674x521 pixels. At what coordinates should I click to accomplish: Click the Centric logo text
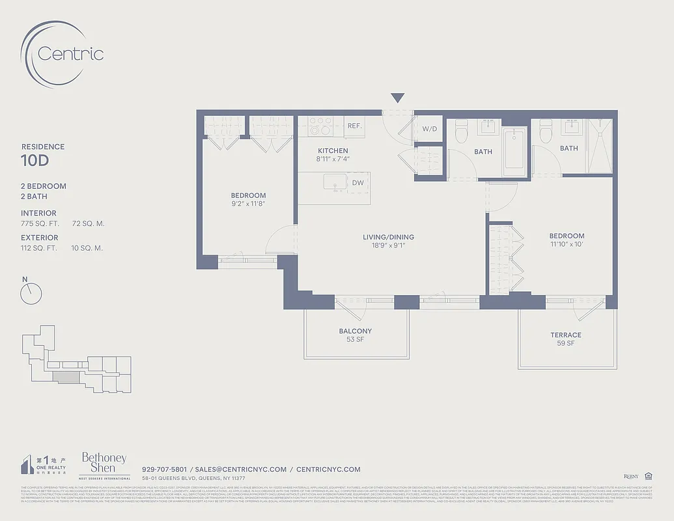tap(70, 53)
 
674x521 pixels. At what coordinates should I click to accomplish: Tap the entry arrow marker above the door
tap(397, 98)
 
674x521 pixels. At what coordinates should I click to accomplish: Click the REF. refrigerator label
tap(354, 126)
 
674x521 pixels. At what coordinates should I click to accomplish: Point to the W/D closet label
tap(430, 129)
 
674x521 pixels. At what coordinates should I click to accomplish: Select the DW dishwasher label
tap(358, 183)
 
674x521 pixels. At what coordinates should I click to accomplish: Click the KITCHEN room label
tap(332, 150)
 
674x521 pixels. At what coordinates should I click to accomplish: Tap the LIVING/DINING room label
tap(388, 237)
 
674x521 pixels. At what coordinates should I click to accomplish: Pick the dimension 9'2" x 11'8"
tap(248, 204)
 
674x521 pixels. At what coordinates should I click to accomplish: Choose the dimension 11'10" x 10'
tap(566, 244)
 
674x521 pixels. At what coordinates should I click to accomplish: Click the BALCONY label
tap(355, 331)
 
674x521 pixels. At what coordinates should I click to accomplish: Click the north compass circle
tap(31, 294)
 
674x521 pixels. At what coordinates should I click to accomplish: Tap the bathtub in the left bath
tap(514, 151)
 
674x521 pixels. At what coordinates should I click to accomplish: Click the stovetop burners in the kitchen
tap(320, 125)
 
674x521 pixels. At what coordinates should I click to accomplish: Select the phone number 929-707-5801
tap(164, 469)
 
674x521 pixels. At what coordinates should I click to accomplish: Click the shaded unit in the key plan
tap(64, 376)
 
